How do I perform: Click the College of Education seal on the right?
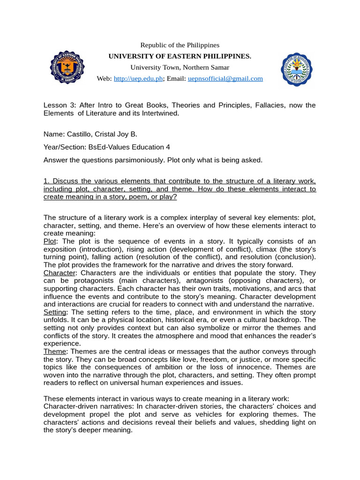coord(298,69)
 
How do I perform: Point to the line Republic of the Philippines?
coord(180,45)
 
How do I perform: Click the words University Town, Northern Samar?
coord(180,67)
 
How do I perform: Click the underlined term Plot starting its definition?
coord(50,240)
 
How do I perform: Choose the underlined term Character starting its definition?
coord(59,272)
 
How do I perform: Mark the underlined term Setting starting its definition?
coord(55,312)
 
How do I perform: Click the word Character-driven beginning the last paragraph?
coord(72,406)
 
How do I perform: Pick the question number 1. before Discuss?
coord(46,181)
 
